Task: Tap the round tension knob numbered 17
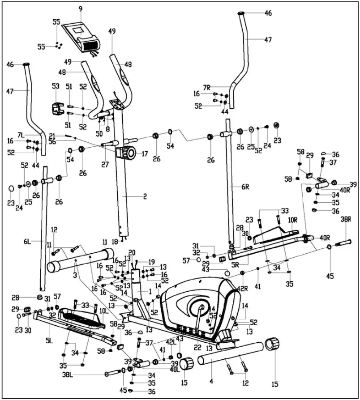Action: point(128,153)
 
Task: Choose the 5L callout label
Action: point(48,340)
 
